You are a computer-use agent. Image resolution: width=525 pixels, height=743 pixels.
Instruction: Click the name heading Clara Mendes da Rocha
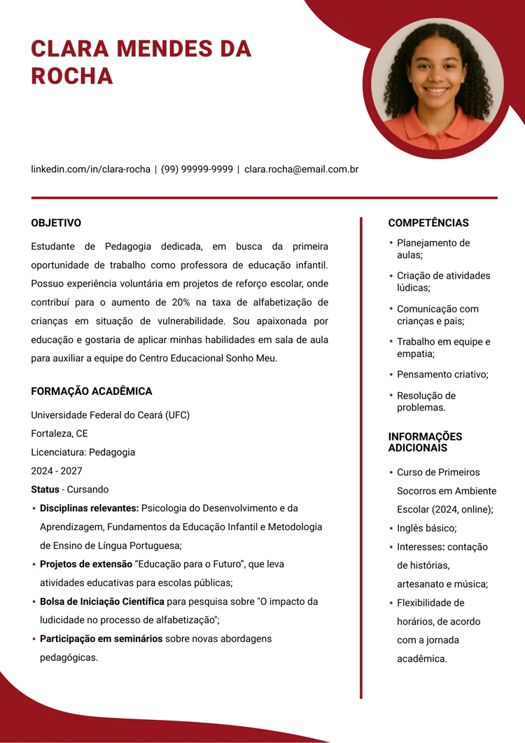tap(141, 62)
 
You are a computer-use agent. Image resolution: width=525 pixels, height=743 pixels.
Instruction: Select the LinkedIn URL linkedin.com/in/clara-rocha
tap(90, 169)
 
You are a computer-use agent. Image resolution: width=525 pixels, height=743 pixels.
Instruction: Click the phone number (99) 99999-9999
tap(197, 169)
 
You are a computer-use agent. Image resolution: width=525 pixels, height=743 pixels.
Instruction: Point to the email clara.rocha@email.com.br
tap(301, 169)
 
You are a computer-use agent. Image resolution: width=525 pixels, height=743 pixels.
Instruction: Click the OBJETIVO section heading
tap(56, 223)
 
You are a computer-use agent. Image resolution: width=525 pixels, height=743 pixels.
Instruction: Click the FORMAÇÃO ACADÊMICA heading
tap(91, 391)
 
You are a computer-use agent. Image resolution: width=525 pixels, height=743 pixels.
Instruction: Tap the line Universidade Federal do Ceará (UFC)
tap(110, 415)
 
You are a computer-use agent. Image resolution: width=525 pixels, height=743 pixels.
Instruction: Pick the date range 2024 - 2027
tap(56, 471)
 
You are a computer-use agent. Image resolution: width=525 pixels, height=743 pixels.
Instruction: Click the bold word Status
tap(45, 489)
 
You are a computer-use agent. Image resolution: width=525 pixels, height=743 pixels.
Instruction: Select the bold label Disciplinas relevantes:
tap(89, 508)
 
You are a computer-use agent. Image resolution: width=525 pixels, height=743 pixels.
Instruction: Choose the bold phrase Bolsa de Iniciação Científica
tap(101, 602)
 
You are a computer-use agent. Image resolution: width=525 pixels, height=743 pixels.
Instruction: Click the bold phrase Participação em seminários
tap(101, 639)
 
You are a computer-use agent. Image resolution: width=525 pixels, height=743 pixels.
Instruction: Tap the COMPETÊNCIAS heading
tap(428, 223)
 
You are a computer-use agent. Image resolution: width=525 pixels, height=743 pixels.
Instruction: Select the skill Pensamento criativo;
tap(442, 375)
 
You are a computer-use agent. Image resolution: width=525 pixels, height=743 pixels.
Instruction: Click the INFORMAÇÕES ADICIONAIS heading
tap(425, 442)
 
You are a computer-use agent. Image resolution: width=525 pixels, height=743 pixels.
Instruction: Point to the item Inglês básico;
tap(426, 528)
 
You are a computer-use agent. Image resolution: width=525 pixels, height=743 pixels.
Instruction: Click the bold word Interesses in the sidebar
tap(420, 547)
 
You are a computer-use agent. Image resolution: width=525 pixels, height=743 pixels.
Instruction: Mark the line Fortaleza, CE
tap(59, 433)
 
